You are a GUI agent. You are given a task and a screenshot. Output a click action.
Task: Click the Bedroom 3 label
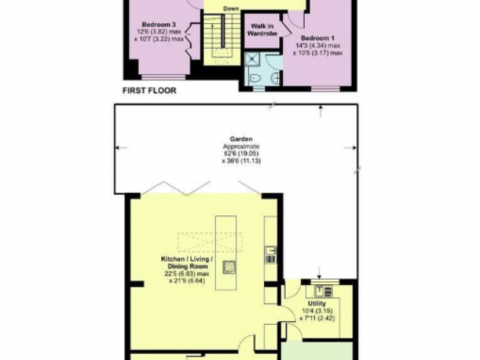click(159, 25)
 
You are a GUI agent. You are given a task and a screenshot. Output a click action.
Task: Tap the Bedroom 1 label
click(317, 38)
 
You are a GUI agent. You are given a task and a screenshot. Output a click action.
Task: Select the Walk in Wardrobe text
click(262, 30)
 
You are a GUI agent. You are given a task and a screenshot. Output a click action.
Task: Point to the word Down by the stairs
click(231, 8)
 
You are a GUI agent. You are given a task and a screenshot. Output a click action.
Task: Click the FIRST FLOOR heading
click(149, 91)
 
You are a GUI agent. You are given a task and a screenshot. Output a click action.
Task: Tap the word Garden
click(241, 139)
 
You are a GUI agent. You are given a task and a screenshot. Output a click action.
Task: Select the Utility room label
click(316, 304)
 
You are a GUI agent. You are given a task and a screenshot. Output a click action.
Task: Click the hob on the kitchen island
click(229, 267)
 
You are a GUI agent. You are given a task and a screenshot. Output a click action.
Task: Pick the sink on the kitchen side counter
click(271, 251)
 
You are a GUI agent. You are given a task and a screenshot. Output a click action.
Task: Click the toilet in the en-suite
click(255, 79)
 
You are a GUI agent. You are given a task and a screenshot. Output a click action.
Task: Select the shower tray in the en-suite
click(252, 60)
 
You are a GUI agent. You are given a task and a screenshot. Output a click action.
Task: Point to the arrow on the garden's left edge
click(121, 148)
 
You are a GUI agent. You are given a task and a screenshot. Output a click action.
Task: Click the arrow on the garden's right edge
click(350, 148)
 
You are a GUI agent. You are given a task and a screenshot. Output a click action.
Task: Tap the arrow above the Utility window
click(319, 273)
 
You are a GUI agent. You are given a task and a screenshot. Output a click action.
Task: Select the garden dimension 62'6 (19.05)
click(241, 154)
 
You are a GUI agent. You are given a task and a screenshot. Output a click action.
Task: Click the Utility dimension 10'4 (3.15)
click(317, 311)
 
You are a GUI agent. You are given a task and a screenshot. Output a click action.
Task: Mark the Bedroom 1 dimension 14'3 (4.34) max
click(318, 46)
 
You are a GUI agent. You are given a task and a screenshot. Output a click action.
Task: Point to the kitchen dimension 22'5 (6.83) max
click(187, 274)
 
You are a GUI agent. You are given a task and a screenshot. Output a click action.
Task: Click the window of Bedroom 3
click(163, 77)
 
